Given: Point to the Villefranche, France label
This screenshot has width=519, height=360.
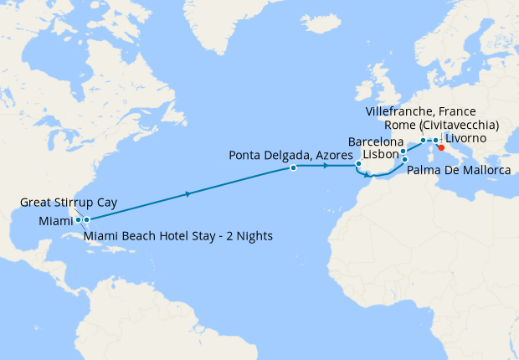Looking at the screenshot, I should pyautogui.click(x=421, y=111).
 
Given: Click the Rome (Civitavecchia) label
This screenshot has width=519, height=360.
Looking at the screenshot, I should pyautogui.click(x=441, y=125).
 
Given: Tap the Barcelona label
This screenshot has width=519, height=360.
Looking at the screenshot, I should pyautogui.click(x=375, y=141).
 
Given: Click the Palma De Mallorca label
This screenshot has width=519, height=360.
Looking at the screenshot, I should pyautogui.click(x=459, y=171).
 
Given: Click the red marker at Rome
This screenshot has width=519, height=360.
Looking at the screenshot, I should pyautogui.click(x=441, y=147).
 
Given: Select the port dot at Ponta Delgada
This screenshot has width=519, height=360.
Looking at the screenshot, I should pyautogui.click(x=293, y=167).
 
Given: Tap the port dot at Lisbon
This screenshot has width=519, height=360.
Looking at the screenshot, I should pyautogui.click(x=358, y=163).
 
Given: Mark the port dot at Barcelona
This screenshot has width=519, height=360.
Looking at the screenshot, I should pyautogui.click(x=403, y=152).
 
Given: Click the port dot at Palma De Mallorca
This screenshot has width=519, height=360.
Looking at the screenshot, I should pyautogui.click(x=405, y=159).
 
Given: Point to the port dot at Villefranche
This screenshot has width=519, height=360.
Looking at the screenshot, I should pyautogui.click(x=424, y=140).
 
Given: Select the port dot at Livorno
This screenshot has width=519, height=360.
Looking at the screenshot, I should pyautogui.click(x=435, y=140).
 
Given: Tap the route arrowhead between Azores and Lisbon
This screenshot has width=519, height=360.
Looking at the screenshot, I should pyautogui.click(x=325, y=166).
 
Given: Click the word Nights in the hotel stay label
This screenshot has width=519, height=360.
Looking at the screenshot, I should pyautogui.click(x=254, y=235).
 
